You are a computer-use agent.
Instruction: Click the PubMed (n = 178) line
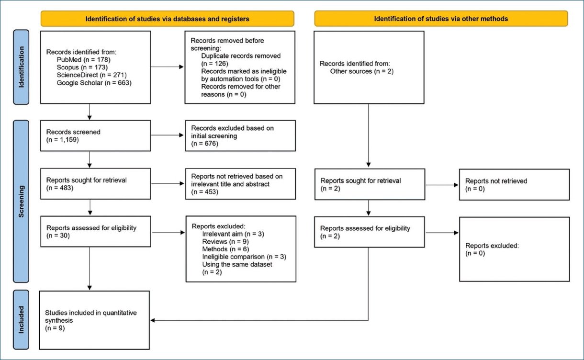83,60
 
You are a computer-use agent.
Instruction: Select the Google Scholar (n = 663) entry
94,83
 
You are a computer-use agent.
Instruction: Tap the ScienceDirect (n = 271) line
91,75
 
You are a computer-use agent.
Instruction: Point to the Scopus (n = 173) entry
82,67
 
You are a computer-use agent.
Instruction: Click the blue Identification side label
21,67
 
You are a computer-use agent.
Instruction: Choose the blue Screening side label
21,201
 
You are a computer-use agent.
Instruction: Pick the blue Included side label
21,320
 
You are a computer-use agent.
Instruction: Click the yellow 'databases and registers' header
168,19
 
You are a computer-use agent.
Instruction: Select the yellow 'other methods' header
441,19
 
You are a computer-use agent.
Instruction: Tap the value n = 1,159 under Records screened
63,140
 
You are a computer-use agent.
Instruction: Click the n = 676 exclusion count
205,144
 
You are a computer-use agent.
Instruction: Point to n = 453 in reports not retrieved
205,192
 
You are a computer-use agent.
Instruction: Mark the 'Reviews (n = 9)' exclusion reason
225,242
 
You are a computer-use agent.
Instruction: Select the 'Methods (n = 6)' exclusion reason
225,249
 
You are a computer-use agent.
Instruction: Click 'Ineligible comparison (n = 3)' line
244,257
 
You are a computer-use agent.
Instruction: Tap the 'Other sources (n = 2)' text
361,71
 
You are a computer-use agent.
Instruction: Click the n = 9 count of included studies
55,328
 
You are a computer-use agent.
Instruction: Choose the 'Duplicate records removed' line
241,56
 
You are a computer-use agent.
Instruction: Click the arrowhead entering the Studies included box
153,320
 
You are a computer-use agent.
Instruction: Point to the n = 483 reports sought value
60,188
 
